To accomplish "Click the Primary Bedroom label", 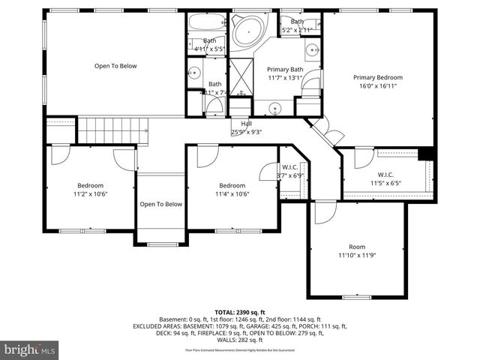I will point(378,77).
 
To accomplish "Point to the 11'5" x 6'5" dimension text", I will point(385,182).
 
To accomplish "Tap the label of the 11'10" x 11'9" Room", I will point(357,247).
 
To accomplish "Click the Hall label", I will point(246,124).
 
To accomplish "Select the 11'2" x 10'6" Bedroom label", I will point(90,185).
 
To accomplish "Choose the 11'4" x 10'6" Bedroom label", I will point(232,185).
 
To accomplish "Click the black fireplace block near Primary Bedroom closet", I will point(426,152).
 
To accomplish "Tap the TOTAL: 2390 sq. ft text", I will point(239,310).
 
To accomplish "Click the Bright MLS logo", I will point(30,349).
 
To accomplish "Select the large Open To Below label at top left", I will point(115,66).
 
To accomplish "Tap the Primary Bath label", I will point(285,69).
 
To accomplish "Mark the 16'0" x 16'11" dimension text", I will point(378,85).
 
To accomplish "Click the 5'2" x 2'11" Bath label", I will point(298,22).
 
